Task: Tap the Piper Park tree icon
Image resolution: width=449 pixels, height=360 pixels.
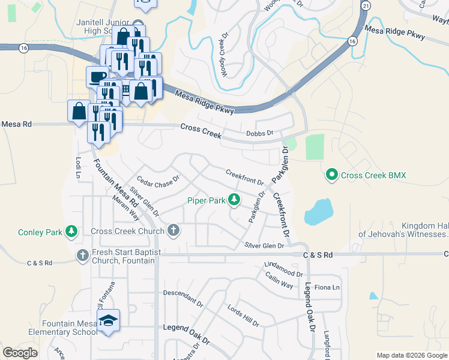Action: point(234,200)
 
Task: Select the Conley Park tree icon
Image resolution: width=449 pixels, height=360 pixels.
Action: point(71,232)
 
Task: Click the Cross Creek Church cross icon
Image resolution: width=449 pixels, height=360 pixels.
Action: point(173,231)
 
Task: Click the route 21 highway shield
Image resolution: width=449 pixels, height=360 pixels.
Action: point(366,5)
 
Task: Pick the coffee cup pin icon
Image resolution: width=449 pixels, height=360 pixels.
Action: point(97,76)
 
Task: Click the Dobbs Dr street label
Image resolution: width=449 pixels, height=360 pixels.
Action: point(260,133)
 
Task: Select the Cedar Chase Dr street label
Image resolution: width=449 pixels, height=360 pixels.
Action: point(158,180)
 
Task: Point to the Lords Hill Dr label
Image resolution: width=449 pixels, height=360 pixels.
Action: point(243,316)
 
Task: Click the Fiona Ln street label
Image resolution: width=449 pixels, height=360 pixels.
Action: point(328,287)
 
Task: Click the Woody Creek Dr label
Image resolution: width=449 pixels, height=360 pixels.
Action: point(224,55)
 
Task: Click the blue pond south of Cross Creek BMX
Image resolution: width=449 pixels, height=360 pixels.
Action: point(318,211)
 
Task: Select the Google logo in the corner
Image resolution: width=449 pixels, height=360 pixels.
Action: point(20,353)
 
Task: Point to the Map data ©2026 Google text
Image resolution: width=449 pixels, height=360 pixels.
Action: point(411,355)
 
